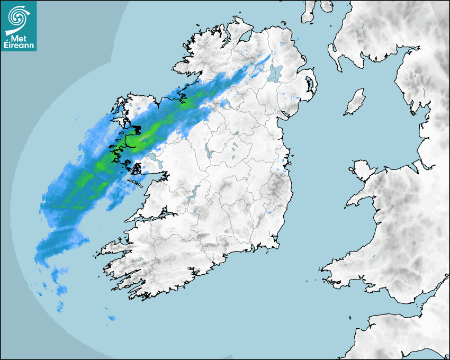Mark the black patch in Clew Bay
tap(137, 129)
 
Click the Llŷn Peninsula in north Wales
tap(360, 199)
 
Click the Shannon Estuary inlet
tap(143, 218)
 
